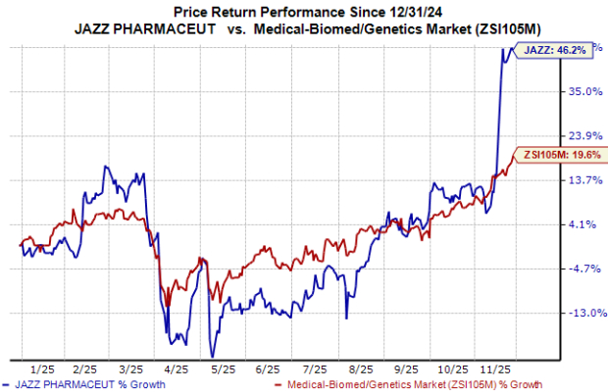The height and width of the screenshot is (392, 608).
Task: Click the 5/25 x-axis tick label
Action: pyautogui.click(x=222, y=370)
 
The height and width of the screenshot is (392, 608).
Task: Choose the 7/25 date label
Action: pyautogui.click(x=314, y=370)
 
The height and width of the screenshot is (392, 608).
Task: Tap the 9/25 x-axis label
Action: pyautogui.click(x=406, y=370)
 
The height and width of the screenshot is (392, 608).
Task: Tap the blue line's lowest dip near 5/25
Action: pyautogui.click(x=210, y=356)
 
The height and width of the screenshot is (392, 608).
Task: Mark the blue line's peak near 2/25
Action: pyautogui.click(x=106, y=167)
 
